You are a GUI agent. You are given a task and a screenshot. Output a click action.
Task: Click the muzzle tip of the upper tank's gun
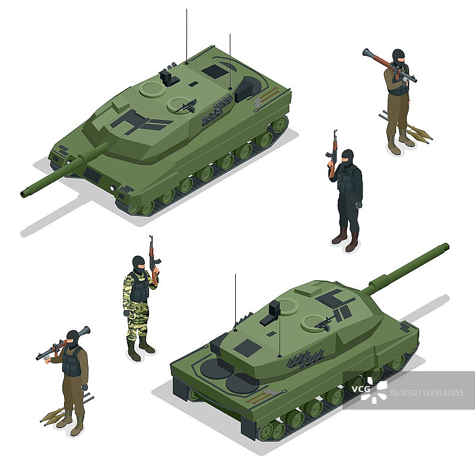23,194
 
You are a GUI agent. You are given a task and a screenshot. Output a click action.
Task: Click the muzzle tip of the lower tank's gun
446,246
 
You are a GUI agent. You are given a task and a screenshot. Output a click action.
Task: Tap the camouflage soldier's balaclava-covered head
138,264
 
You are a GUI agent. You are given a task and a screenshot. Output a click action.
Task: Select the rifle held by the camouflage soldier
153,260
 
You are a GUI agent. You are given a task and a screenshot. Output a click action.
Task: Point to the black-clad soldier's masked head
347,157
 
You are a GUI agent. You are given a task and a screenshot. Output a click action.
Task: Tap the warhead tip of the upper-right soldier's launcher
366,52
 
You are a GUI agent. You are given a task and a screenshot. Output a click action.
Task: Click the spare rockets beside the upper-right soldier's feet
408,128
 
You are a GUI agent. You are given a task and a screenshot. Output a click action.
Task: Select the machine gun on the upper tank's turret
185,106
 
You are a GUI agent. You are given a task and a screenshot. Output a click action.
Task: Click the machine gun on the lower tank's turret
326,322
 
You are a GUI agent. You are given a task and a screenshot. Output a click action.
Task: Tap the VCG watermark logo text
360,389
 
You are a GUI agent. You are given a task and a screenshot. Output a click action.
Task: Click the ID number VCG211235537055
427,393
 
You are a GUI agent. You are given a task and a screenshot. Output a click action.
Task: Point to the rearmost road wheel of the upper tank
279,124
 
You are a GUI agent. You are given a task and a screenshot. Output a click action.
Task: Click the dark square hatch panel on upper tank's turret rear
215,71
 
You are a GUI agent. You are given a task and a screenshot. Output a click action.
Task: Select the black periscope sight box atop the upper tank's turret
169,77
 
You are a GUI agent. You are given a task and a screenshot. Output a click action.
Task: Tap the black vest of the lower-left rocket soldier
72,362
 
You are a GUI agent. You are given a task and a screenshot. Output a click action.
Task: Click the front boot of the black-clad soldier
351,243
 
